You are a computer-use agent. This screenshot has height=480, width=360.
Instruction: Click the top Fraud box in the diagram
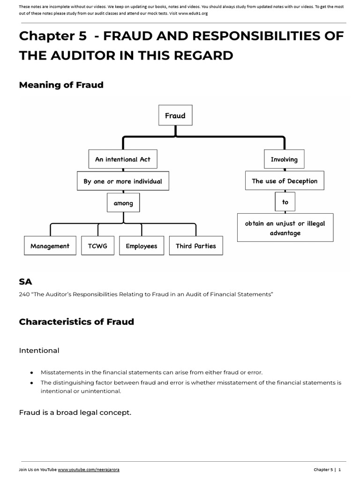(x=175, y=115)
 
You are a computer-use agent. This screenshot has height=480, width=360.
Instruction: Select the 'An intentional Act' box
(x=123, y=159)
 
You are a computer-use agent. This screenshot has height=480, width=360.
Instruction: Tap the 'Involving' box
(x=284, y=159)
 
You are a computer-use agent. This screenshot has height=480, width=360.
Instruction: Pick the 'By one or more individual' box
(x=123, y=181)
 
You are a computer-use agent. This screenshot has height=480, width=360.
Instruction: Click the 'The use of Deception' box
(x=285, y=181)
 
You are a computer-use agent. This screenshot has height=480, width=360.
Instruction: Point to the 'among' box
(x=123, y=203)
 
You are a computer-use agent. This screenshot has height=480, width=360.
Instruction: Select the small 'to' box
(x=285, y=202)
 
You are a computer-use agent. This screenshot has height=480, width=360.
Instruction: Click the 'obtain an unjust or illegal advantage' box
(x=285, y=228)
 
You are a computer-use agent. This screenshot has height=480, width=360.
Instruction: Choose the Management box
(x=50, y=246)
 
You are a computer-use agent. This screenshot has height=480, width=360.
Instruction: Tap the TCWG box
(x=97, y=246)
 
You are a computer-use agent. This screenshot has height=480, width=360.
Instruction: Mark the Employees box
(x=142, y=246)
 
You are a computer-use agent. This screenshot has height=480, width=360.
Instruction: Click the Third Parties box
(x=196, y=246)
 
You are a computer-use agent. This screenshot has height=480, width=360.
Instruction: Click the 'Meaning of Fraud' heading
(x=61, y=85)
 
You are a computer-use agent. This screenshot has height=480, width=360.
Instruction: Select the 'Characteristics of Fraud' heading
(x=76, y=322)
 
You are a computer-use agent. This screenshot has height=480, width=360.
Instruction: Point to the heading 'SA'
(x=25, y=282)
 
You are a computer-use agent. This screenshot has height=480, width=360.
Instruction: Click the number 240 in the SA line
(x=24, y=294)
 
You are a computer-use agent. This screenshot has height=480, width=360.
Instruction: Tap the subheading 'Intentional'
(x=39, y=350)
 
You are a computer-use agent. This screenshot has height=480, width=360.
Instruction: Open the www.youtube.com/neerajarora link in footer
(x=89, y=470)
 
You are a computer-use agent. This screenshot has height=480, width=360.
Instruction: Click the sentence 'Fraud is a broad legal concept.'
(x=75, y=412)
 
